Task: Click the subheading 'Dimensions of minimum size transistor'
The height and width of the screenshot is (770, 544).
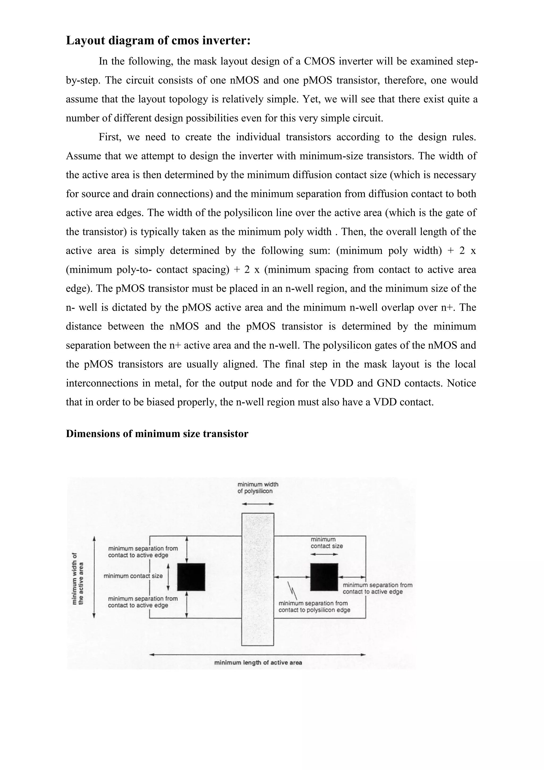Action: point(157,434)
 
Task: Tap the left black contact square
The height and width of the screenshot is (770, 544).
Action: point(191,577)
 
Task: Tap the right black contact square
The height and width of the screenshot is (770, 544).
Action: point(324,577)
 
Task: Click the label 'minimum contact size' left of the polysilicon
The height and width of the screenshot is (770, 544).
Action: point(133,576)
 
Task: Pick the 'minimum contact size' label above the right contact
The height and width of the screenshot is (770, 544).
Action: point(326,543)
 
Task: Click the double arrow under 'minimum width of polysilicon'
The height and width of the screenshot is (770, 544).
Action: point(258,504)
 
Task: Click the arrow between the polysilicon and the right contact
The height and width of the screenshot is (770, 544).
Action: point(292,577)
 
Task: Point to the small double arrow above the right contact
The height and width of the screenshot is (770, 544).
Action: point(324,554)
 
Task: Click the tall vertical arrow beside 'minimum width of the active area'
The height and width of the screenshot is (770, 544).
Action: point(94,577)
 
